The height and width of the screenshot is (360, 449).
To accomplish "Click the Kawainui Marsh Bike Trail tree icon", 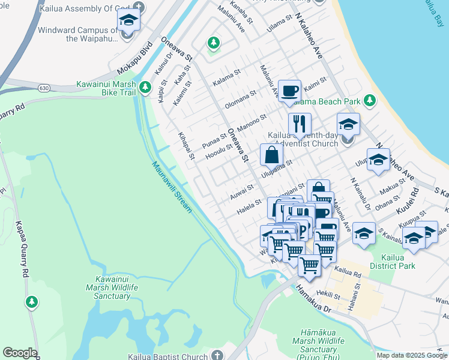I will click(145, 88).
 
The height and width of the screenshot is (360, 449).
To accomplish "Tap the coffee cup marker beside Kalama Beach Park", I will click(289, 91).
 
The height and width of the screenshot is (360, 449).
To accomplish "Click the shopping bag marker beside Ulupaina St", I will click(271, 155).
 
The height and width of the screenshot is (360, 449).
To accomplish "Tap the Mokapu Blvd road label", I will click(136, 52).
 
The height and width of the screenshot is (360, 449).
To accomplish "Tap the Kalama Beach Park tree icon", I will click(370, 100).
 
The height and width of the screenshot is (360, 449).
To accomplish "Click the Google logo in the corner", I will click(20, 353).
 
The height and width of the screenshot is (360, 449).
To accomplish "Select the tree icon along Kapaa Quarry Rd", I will click(32, 301).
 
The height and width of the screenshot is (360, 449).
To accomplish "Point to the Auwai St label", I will click(243, 196).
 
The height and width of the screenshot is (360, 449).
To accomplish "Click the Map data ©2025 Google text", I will click(412, 355).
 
